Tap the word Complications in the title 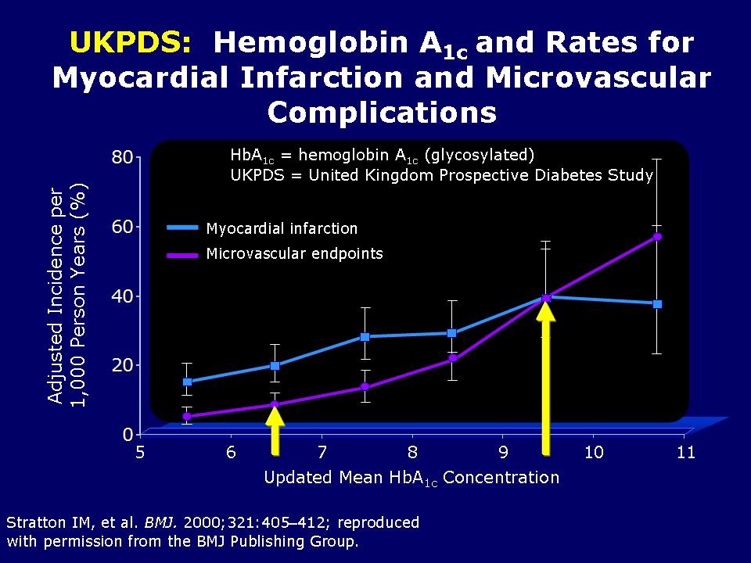click(x=382, y=113)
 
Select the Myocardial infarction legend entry click(x=282, y=228)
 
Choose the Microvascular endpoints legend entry click(x=294, y=253)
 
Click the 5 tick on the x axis click(x=141, y=453)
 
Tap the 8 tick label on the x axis click(x=412, y=453)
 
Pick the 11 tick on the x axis click(x=685, y=453)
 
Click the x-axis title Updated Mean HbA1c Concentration click(x=411, y=478)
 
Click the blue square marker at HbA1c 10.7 click(x=657, y=303)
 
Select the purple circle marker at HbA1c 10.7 click(x=657, y=236)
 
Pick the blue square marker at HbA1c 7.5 click(x=365, y=336)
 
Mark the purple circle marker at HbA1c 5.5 click(x=187, y=416)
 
